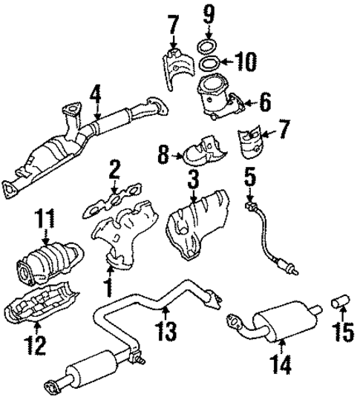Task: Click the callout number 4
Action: (x=95, y=96)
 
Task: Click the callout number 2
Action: (x=114, y=171)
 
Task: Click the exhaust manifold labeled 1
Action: (x=126, y=237)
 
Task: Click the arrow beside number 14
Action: (x=282, y=342)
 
